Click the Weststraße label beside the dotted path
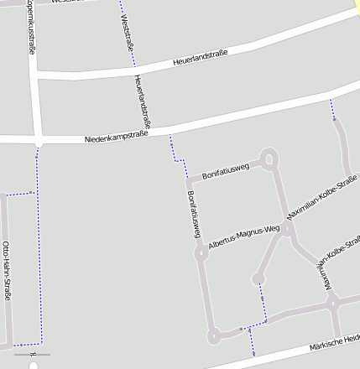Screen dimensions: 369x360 click(128, 29)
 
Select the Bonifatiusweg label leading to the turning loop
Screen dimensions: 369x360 click(226, 171)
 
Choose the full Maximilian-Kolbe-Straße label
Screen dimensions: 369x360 click(322, 198)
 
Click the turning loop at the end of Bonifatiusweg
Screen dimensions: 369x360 click(269, 158)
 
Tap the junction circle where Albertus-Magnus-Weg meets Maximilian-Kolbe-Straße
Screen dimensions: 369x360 click(287, 228)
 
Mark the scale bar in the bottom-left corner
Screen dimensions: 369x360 click(33, 355)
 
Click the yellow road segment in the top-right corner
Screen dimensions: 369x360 click(356, 4)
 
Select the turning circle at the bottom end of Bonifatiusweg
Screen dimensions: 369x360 click(213, 335)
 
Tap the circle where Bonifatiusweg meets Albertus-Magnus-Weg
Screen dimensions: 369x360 click(201, 251)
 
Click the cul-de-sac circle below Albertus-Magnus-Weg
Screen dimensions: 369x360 click(258, 278)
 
